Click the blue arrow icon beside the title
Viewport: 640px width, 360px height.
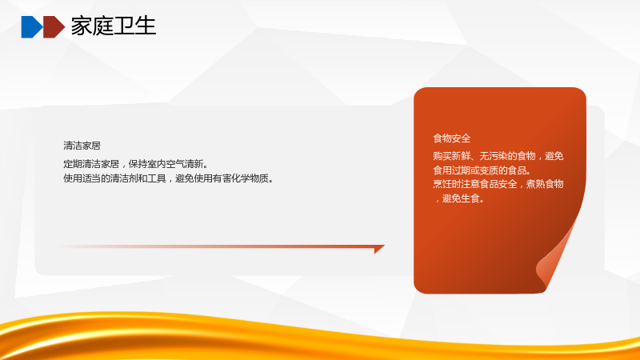(32, 27)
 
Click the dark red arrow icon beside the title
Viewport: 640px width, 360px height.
(54, 27)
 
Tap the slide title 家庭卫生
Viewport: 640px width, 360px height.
(114, 26)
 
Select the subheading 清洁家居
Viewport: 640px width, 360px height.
(82, 146)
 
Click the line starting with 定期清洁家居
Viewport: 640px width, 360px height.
(136, 164)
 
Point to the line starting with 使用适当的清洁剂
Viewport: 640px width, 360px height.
(169, 178)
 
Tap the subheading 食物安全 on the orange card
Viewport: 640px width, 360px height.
(452, 138)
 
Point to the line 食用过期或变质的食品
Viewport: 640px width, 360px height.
(482, 170)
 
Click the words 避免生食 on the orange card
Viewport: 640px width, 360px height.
(461, 198)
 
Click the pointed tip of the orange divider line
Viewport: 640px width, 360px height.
(384, 246)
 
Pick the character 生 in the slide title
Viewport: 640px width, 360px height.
(146, 26)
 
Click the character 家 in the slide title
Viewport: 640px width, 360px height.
(82, 26)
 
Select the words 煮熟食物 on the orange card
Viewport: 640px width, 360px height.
(545, 184)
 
